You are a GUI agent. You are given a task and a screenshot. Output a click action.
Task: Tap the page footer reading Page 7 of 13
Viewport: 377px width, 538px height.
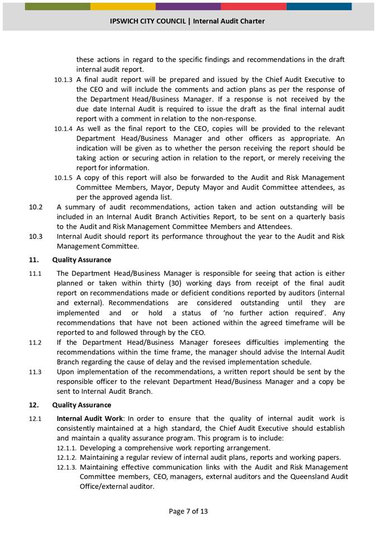[x=188, y=511]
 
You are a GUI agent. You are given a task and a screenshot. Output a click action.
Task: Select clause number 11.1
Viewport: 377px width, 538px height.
[x=35, y=274]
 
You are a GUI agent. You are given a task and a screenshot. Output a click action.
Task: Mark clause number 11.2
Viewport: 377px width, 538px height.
[x=35, y=343]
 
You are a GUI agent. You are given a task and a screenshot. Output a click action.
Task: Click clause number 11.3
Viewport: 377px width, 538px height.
[x=35, y=372]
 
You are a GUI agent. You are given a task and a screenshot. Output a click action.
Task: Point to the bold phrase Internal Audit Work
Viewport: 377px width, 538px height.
[x=89, y=419]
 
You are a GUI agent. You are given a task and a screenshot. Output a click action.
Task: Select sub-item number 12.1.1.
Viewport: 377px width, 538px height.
[x=67, y=448]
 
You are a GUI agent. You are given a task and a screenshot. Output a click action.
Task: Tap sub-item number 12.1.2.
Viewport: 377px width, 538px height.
[x=67, y=458]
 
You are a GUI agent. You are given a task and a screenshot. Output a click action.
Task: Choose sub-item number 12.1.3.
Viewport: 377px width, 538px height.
[x=67, y=468]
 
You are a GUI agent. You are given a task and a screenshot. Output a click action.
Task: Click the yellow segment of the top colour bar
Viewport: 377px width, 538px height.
[x=123, y=6]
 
